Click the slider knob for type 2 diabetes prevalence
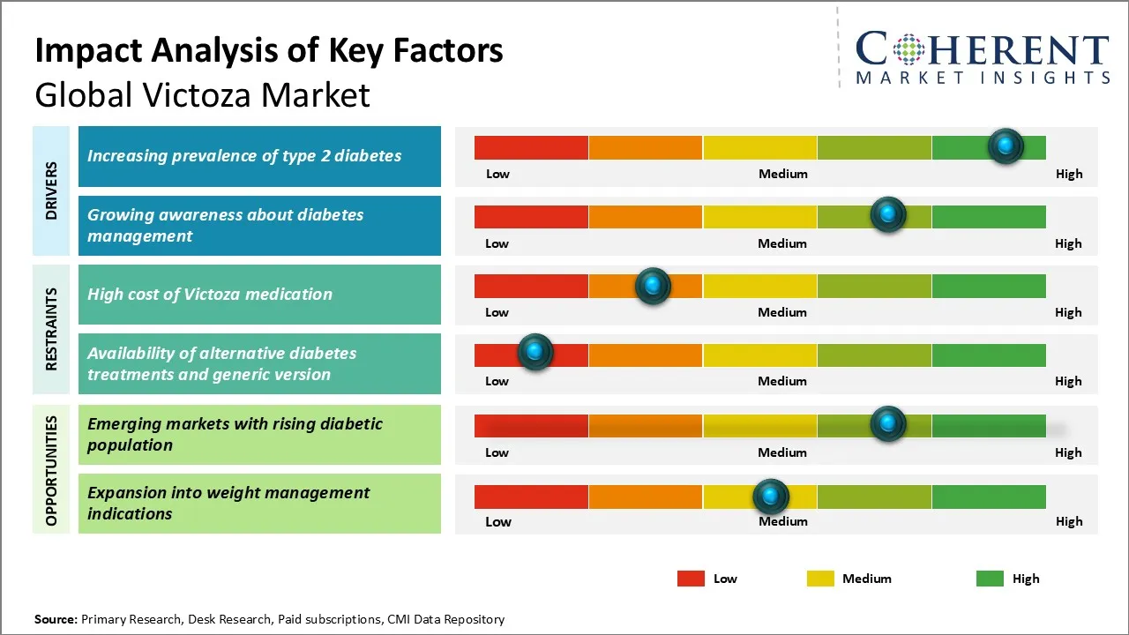(x=1006, y=146)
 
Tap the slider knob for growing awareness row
(x=888, y=215)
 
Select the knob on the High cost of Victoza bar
(x=653, y=286)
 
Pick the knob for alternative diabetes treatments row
(x=535, y=353)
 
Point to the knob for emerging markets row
(x=888, y=424)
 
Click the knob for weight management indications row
(x=771, y=497)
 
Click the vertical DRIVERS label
(x=51, y=190)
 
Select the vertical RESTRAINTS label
(x=51, y=329)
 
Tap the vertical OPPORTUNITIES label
(x=51, y=470)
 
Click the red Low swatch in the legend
(x=691, y=579)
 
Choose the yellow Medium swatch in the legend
(x=820, y=579)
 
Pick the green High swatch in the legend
(x=990, y=579)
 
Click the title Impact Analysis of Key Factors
(x=269, y=51)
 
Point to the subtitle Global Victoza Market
(x=202, y=94)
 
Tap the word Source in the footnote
(x=56, y=619)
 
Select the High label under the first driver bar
(x=1069, y=174)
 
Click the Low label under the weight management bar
(x=498, y=521)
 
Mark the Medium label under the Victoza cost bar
(x=782, y=312)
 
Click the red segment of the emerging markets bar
(x=531, y=425)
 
